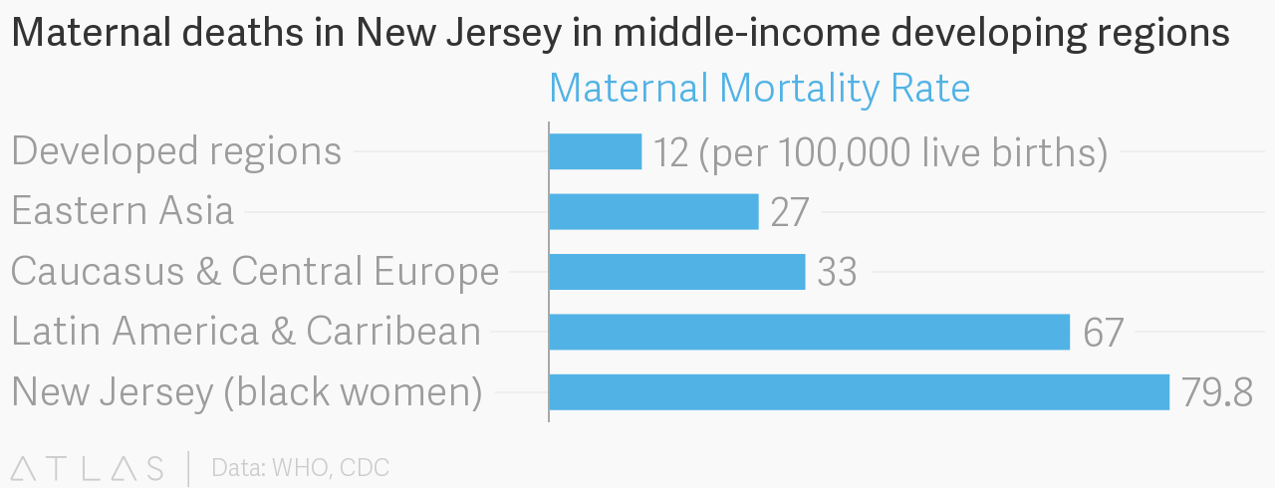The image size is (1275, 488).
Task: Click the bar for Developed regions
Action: [595, 151]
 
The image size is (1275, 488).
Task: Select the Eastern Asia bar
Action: [653, 211]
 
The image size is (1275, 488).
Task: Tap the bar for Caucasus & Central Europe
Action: [676, 272]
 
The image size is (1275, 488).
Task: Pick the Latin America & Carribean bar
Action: [809, 332]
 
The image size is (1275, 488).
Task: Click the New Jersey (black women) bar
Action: [859, 392]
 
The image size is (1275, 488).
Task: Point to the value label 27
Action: [790, 212]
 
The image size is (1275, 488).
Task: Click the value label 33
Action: [837, 273]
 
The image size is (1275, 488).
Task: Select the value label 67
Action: [1103, 333]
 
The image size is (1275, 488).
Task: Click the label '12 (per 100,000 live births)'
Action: [881, 152]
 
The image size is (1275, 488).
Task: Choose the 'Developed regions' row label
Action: [176, 151]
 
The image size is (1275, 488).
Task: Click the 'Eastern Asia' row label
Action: [123, 211]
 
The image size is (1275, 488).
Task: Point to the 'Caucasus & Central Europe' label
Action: [255, 271]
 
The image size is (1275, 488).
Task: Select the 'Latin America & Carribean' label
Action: [246, 331]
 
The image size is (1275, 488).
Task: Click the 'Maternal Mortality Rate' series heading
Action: [759, 89]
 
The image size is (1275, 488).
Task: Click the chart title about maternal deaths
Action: [620, 34]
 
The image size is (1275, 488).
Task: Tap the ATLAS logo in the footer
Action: [88, 467]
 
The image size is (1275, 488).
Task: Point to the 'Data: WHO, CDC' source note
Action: [300, 467]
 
